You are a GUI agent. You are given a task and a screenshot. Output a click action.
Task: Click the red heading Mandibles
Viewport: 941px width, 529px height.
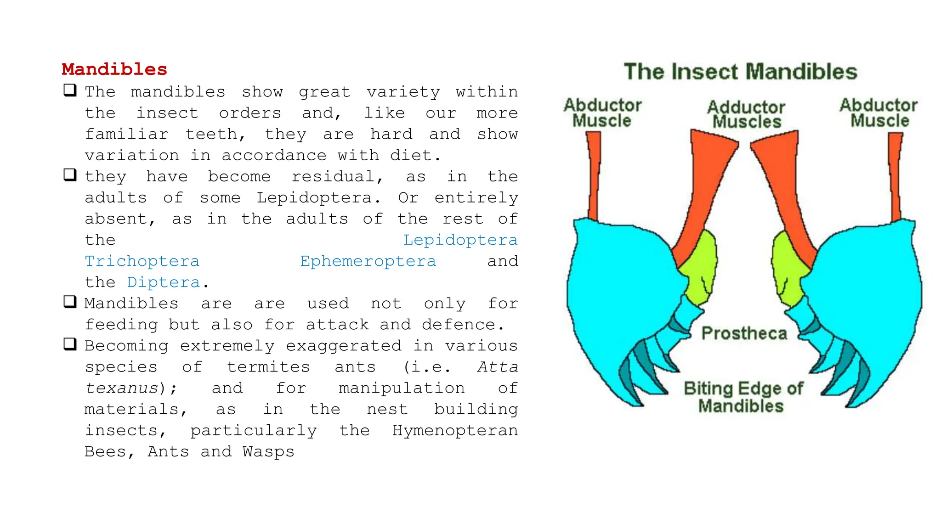pyautogui.click(x=114, y=69)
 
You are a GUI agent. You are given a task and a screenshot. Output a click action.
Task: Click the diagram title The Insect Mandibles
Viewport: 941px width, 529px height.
pyautogui.click(x=740, y=72)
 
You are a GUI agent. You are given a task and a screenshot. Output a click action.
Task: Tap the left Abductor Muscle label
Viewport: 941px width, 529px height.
pyautogui.click(x=602, y=113)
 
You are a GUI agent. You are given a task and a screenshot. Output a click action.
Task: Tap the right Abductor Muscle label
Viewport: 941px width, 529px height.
pyautogui.click(x=879, y=113)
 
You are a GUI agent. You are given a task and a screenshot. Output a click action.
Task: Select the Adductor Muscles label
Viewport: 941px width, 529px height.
pyautogui.click(x=746, y=114)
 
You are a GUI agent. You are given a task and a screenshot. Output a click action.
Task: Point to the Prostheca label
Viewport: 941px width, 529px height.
pyautogui.click(x=744, y=333)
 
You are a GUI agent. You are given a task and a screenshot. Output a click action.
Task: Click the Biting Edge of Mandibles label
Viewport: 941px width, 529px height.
pyautogui.click(x=743, y=397)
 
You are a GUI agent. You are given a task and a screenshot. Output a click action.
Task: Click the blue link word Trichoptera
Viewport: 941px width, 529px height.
pyautogui.click(x=142, y=261)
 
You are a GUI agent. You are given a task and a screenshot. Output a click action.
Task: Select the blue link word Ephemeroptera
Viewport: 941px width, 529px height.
pyautogui.click(x=368, y=261)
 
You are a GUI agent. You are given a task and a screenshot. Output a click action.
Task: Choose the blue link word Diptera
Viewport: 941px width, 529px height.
pyautogui.click(x=164, y=282)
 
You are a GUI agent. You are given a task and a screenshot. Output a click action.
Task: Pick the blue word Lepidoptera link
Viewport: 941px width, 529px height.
pyautogui.click(x=460, y=240)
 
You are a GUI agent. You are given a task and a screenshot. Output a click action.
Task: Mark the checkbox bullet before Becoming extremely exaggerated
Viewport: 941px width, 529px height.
pyautogui.click(x=70, y=344)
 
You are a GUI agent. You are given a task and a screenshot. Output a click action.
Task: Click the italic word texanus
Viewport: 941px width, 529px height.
pyautogui.click(x=122, y=388)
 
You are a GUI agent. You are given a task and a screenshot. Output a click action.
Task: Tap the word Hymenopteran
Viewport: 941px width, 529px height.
pyautogui.click(x=455, y=430)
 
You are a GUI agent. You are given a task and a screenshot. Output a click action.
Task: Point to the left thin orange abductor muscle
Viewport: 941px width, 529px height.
pyautogui.click(x=594, y=174)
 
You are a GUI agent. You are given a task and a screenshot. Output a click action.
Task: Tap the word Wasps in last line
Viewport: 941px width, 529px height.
pyautogui.click(x=268, y=451)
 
